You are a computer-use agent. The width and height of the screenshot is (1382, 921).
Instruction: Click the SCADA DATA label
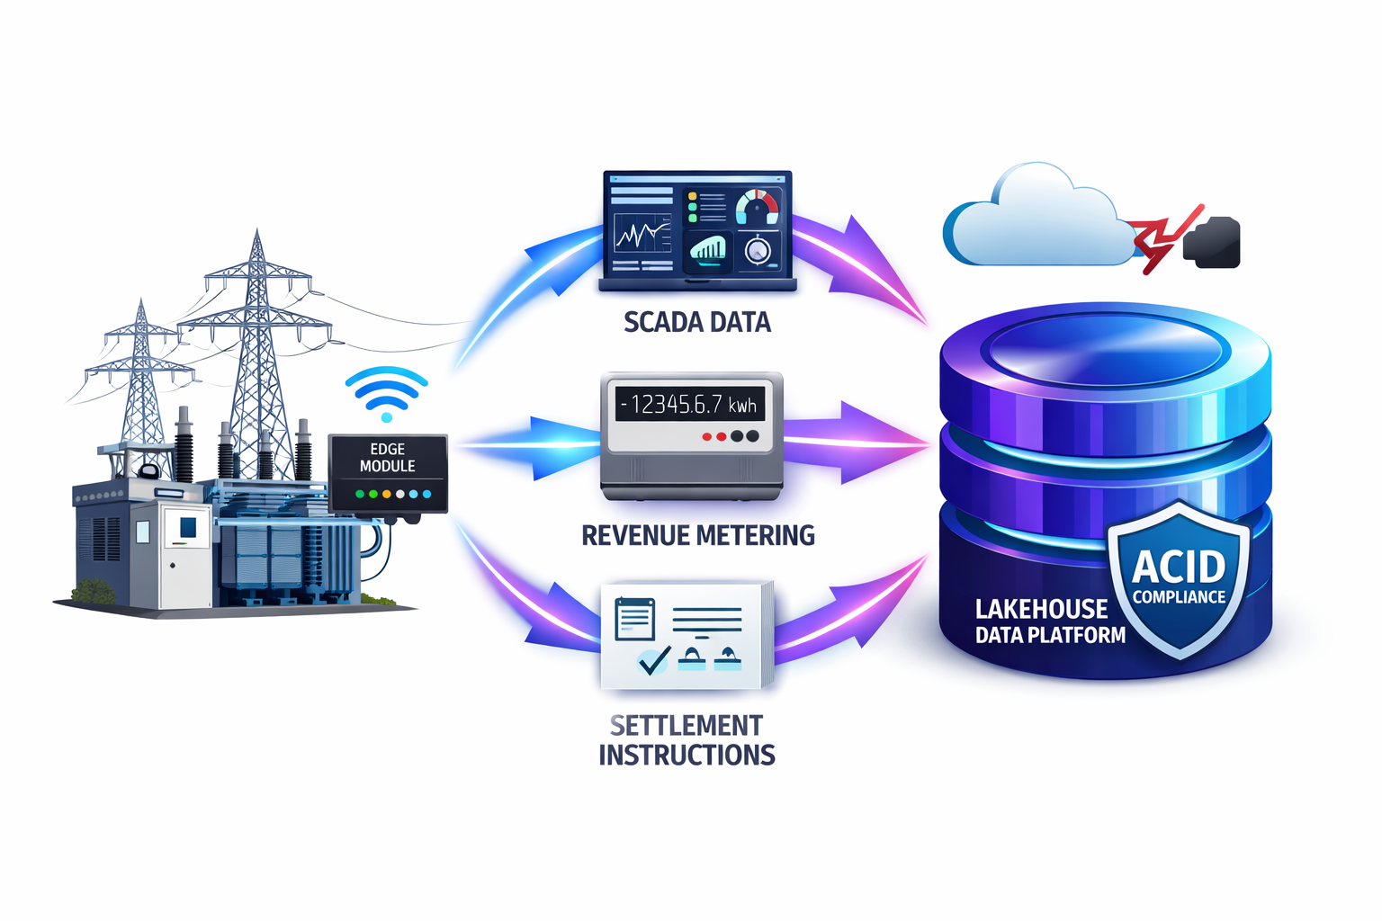pyautogui.click(x=697, y=322)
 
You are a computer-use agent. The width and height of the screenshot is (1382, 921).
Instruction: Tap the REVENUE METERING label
pyautogui.click(x=697, y=536)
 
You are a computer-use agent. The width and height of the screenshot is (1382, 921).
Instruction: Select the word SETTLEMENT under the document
pyautogui.click(x=686, y=725)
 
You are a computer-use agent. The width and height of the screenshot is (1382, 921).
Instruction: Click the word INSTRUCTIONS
pyautogui.click(x=687, y=756)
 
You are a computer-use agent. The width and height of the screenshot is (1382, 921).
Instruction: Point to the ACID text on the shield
pyautogui.click(x=1178, y=567)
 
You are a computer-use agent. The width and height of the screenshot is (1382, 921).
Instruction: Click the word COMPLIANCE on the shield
pyautogui.click(x=1179, y=597)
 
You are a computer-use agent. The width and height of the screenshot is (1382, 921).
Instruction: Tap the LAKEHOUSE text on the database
pyautogui.click(x=1041, y=609)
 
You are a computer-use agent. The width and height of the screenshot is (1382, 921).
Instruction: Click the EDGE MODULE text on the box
pyautogui.click(x=388, y=458)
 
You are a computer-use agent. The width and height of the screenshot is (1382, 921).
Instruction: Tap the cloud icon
pyautogui.click(x=1035, y=220)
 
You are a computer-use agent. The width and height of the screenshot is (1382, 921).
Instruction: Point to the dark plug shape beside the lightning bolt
pyautogui.click(x=1215, y=243)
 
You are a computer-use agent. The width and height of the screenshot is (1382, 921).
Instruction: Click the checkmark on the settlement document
pyautogui.click(x=653, y=660)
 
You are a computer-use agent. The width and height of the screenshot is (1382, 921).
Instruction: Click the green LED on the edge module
pyautogui.click(x=360, y=494)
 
